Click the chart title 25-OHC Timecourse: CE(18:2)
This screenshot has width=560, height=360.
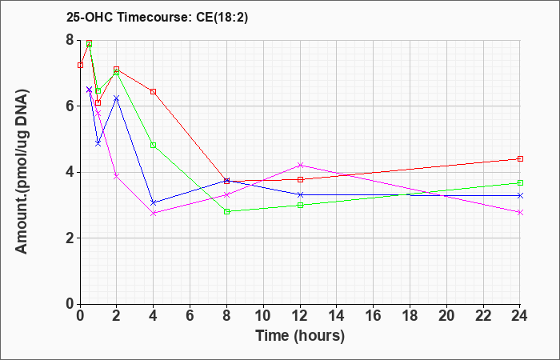pyautogui.click(x=157, y=18)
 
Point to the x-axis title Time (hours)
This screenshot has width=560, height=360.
pyautogui.click(x=300, y=336)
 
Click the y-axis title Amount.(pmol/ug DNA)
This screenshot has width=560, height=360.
pyautogui.click(x=22, y=172)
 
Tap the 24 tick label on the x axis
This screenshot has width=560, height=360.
pyautogui.click(x=519, y=316)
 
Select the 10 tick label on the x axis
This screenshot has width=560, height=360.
pyautogui.click(x=263, y=316)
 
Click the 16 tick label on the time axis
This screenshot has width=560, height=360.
pyautogui.click(x=374, y=316)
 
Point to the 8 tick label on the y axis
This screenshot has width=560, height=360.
pyautogui.click(x=70, y=40)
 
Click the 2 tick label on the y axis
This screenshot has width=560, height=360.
pyautogui.click(x=70, y=238)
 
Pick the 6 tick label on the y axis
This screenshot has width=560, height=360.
pyautogui.click(x=70, y=106)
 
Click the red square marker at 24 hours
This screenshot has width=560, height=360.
pyautogui.click(x=520, y=158)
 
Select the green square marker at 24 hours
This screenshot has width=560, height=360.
pyautogui.click(x=520, y=183)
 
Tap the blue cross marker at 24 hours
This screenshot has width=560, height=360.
pyautogui.click(x=520, y=195)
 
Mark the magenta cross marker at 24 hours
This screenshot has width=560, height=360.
pyautogui.click(x=520, y=212)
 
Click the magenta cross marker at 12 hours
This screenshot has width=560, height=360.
pyautogui.click(x=300, y=165)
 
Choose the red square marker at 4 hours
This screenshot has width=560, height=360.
pyautogui.click(x=154, y=92)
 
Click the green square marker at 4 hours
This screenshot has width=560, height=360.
pyautogui.click(x=154, y=146)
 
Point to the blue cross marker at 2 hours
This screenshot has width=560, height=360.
pyautogui.click(x=117, y=98)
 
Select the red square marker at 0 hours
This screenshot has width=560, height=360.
pyautogui.click(x=80, y=66)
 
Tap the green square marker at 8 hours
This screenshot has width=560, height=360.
pyautogui.click(x=226, y=211)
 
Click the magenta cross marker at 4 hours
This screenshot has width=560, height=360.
pyautogui.click(x=154, y=214)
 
